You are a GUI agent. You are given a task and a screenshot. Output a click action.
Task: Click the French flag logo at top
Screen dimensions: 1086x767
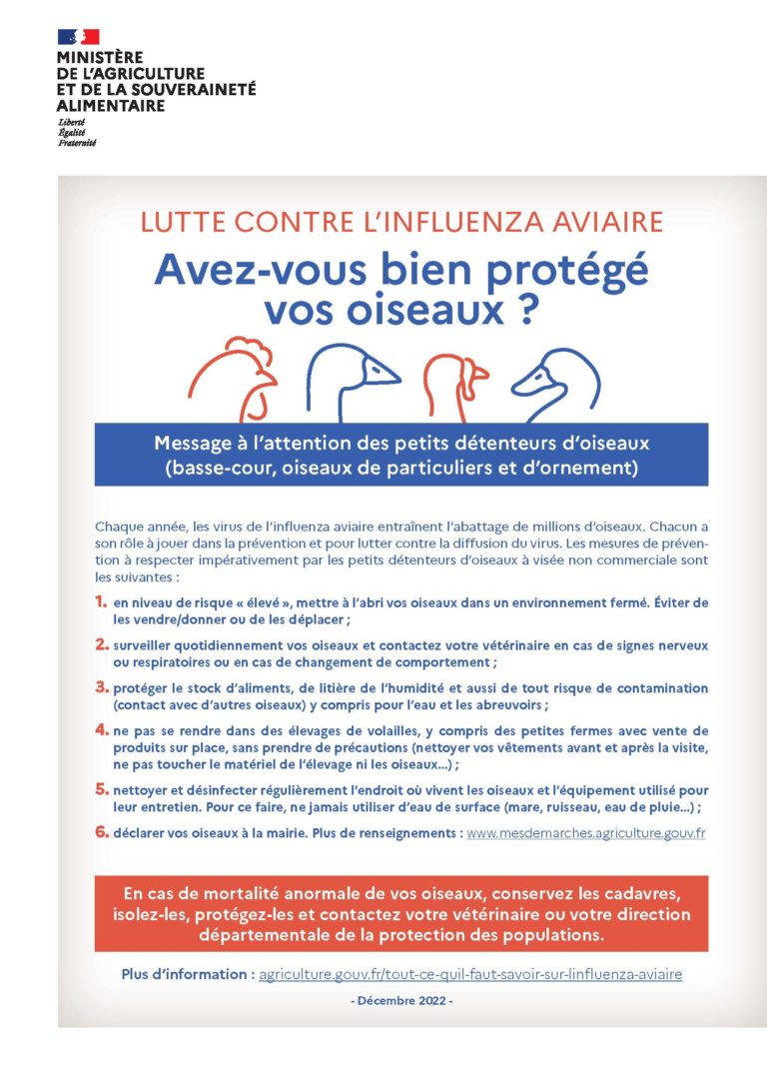[79, 37]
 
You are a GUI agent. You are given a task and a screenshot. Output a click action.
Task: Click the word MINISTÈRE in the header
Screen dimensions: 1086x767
[100, 59]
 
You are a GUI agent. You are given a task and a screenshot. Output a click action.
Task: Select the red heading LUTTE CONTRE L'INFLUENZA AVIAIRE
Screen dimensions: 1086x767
[400, 223]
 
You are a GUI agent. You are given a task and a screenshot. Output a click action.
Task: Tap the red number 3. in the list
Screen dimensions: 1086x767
[101, 687]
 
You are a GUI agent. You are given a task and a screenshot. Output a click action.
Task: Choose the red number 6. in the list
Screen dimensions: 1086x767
[101, 831]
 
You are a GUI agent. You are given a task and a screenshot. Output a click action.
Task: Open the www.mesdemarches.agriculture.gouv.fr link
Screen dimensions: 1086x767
[586, 832]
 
